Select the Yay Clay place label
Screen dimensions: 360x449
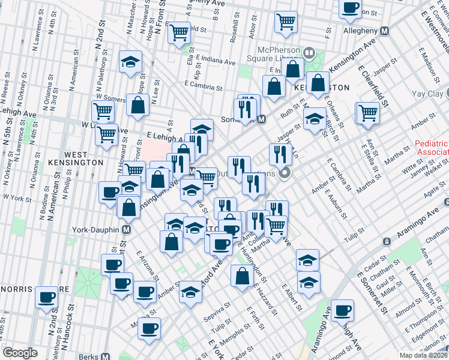click(x=430, y=94)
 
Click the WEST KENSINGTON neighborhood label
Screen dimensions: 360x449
click(x=84, y=158)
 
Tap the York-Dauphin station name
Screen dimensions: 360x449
click(x=97, y=229)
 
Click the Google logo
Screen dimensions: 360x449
click(x=20, y=353)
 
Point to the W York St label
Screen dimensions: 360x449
click(x=17, y=197)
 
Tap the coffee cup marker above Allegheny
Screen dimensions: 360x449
click(x=350, y=8)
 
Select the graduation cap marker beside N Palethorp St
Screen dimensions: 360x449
click(x=130, y=62)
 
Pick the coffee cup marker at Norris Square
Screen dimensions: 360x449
click(x=46, y=297)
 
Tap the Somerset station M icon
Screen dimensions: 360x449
click(x=261, y=119)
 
